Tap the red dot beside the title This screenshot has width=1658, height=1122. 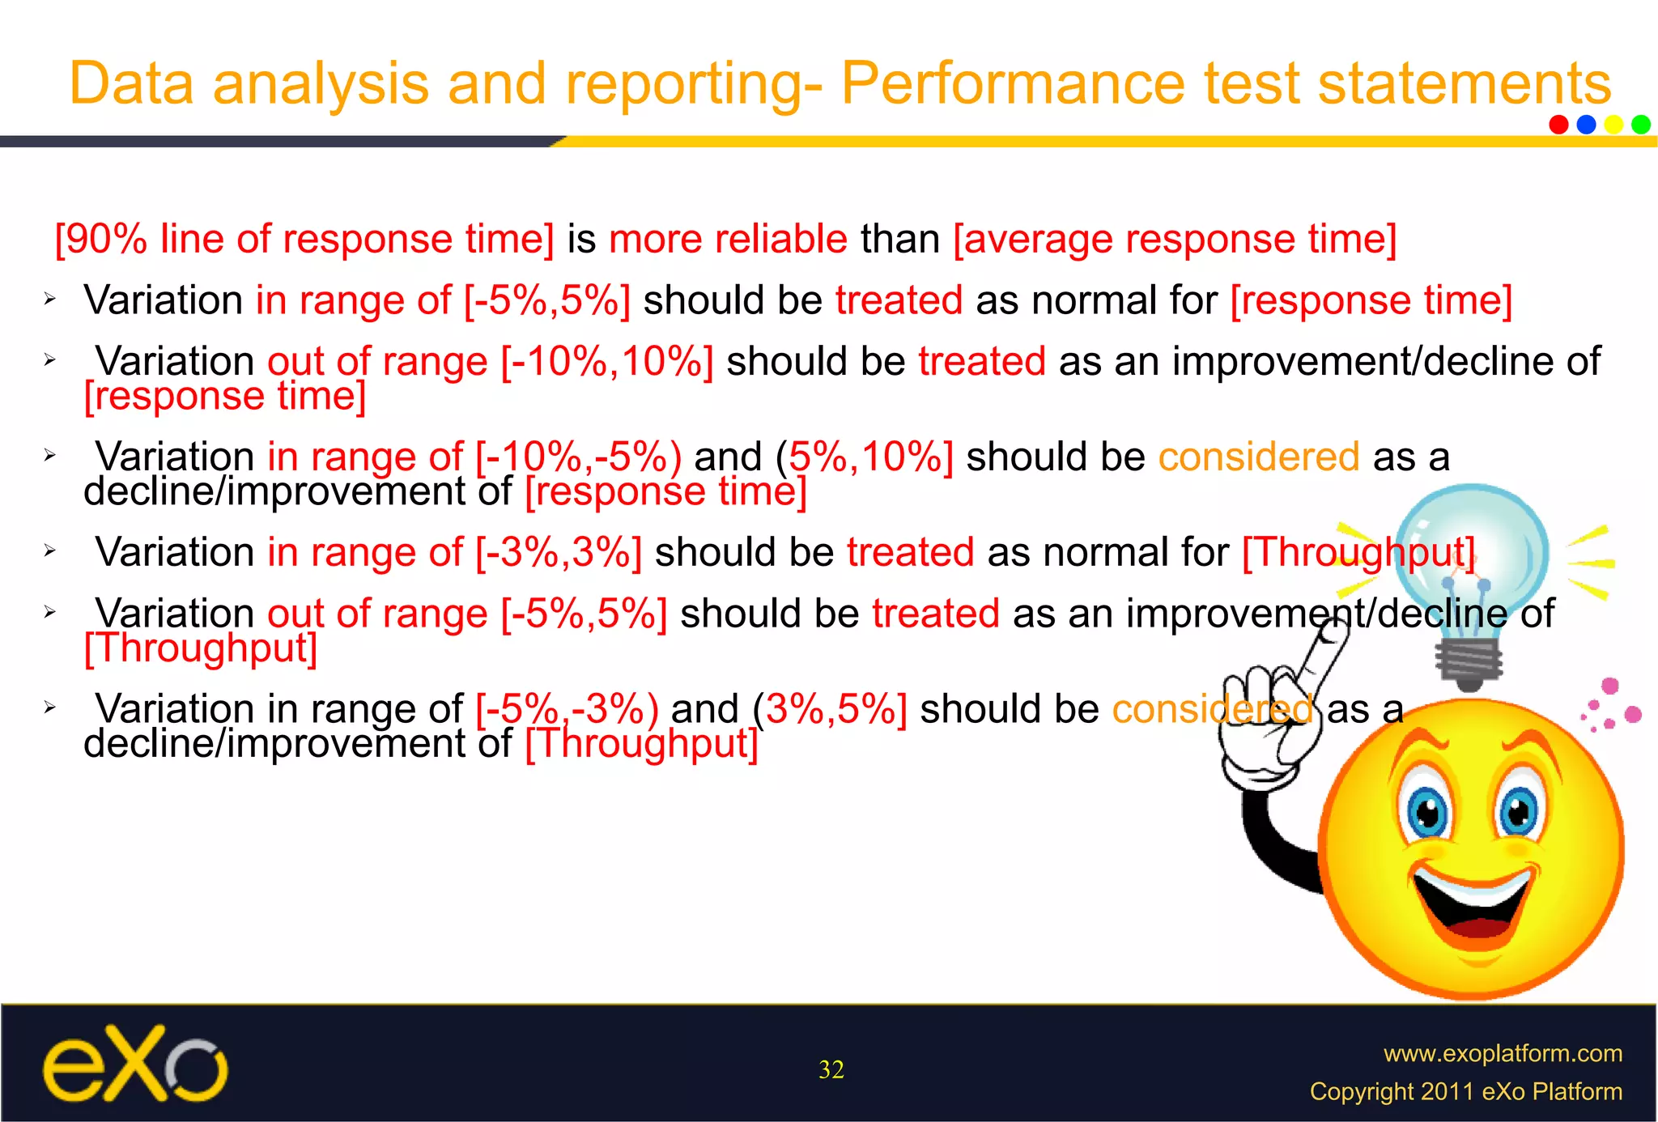[x=1558, y=124]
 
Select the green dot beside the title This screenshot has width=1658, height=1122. [x=1641, y=124]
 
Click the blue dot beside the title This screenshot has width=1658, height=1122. [x=1586, y=124]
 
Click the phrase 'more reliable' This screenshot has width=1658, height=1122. [x=728, y=240]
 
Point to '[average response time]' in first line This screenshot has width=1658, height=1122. [x=1175, y=240]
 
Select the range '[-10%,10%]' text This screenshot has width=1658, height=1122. [x=607, y=362]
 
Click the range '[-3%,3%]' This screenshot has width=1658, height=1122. [x=559, y=553]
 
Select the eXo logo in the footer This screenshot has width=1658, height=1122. [x=134, y=1065]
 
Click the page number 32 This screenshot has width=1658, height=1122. [x=831, y=1070]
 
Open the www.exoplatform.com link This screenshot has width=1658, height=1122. [x=1503, y=1053]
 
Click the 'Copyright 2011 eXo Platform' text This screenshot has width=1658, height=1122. [x=1465, y=1091]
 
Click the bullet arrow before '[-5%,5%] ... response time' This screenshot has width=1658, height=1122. [x=49, y=300]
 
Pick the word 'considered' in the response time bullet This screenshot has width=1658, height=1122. [x=1258, y=457]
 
